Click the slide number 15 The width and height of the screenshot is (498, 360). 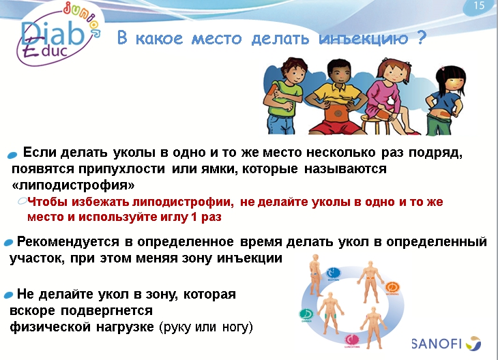tap(478, 6)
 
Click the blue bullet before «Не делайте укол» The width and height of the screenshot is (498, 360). tap(9, 294)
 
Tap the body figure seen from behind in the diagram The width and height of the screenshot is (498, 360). tap(315, 271)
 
